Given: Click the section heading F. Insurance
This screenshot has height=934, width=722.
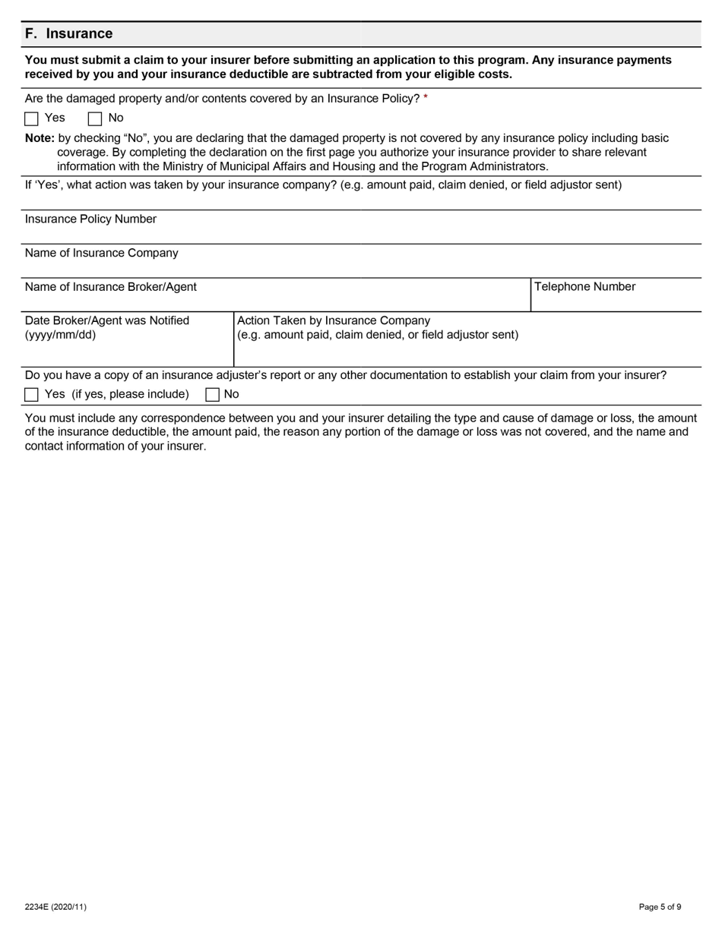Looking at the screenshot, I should tap(68, 33).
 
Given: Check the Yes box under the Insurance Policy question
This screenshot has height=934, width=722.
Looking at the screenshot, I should tap(31, 118).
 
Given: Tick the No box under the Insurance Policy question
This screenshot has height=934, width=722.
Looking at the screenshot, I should tap(95, 118).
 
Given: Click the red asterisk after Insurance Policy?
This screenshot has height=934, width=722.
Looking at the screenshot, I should tap(426, 99).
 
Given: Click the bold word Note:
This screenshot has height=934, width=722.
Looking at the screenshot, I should tap(40, 138).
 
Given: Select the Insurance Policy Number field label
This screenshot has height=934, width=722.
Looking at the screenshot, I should tap(90, 219).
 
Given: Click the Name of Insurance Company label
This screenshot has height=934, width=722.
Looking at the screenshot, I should tap(101, 253).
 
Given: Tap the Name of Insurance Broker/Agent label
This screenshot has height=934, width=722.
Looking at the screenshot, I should tap(110, 287).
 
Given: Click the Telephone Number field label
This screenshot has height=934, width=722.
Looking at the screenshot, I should tap(584, 287).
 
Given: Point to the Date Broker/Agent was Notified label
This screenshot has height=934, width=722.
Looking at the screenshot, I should tap(106, 320).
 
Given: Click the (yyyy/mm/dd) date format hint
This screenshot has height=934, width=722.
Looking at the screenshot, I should tap(60, 335).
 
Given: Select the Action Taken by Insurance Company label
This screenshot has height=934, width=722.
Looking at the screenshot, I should tap(334, 320).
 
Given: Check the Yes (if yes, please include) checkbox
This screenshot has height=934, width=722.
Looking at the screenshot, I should tap(31, 394).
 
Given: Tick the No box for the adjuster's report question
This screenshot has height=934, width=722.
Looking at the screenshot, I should tap(213, 394).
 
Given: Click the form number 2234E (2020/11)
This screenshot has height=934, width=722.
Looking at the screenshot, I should tap(55, 907).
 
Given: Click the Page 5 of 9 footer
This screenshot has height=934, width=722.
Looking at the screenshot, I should tap(660, 907).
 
